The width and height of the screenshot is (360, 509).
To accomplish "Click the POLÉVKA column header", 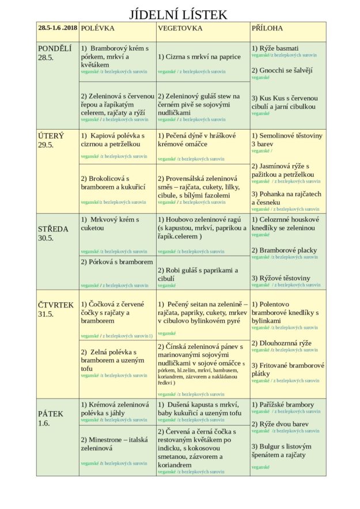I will [x=98, y=28].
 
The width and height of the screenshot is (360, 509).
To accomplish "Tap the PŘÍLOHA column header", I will [x=267, y=28].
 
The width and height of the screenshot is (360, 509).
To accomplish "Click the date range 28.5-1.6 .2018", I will [x=58, y=28].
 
